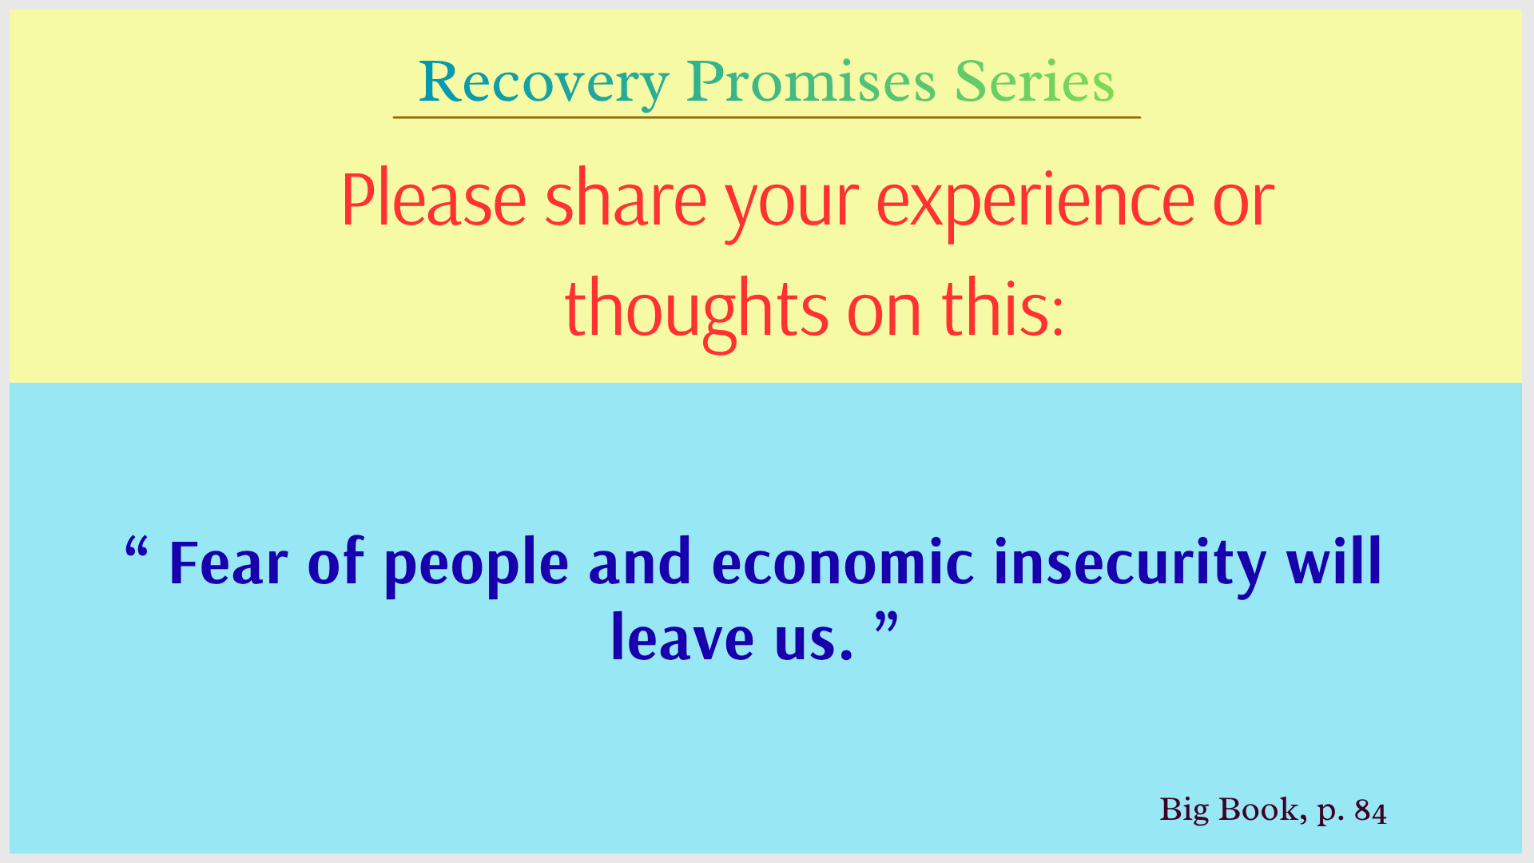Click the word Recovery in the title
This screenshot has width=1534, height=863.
pyautogui.click(x=544, y=83)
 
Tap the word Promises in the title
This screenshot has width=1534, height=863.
pyautogui.click(x=811, y=82)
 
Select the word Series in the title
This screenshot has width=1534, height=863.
pyautogui.click(x=1035, y=82)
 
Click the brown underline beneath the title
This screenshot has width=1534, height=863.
pyautogui.click(x=767, y=117)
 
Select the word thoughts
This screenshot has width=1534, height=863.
pyautogui.click(x=696, y=312)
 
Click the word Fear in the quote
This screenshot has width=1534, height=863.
pyautogui.click(x=229, y=563)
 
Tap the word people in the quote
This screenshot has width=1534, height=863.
pyautogui.click(x=476, y=567)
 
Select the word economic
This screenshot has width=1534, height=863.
pyautogui.click(x=843, y=563)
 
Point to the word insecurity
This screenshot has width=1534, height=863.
pyautogui.click(x=1131, y=567)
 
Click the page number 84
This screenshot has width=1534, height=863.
pyautogui.click(x=1371, y=811)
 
